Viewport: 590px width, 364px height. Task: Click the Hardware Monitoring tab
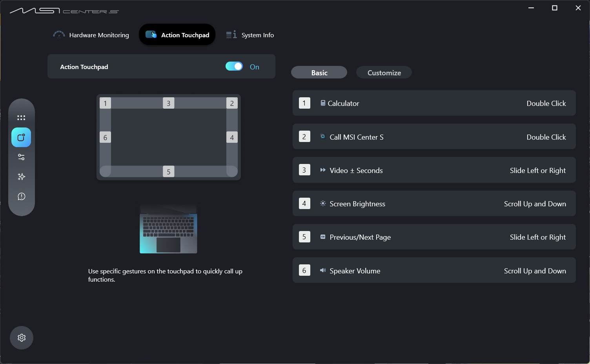pos(91,35)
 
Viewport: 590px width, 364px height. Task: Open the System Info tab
pos(250,35)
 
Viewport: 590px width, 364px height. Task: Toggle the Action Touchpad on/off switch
pos(234,66)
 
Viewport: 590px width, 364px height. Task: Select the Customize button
pos(384,73)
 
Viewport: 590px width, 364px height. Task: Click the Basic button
pos(319,73)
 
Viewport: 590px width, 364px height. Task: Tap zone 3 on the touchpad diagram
pos(169,103)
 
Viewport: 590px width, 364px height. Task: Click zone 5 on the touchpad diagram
pos(169,171)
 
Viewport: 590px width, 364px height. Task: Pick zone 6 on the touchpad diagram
pos(105,137)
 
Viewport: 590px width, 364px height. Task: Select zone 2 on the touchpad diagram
pos(232,103)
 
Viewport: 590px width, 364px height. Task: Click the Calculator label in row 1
pos(343,103)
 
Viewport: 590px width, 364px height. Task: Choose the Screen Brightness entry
pos(357,204)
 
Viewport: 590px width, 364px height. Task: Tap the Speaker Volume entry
pos(355,271)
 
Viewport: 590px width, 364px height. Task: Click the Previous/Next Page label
pos(360,237)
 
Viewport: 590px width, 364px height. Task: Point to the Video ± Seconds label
pos(356,170)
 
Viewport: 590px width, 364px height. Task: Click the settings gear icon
pos(22,338)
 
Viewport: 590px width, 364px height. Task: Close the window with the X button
pos(578,8)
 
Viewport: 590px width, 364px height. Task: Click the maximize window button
pos(555,8)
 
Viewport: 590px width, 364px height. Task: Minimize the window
pos(531,8)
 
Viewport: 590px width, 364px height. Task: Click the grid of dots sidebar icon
pos(21,118)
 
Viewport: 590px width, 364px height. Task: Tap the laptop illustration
pos(168,229)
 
